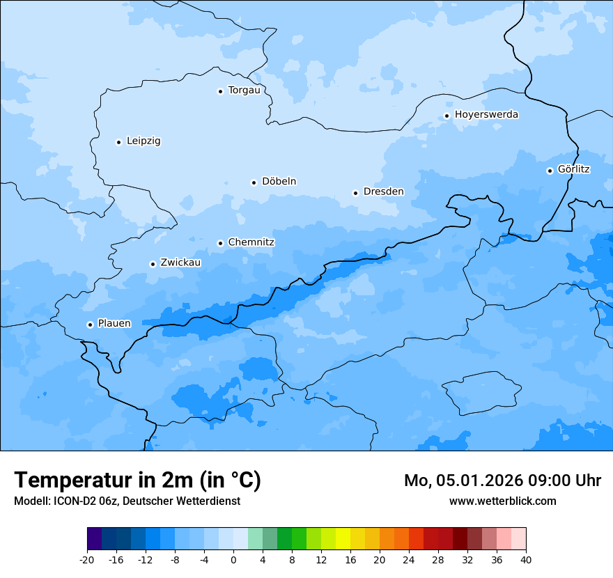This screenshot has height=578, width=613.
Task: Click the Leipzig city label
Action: coord(143,141)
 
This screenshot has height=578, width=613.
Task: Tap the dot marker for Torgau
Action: coord(220,91)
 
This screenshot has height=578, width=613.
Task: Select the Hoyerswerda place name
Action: coord(486,115)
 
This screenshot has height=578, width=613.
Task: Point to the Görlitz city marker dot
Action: coord(550,171)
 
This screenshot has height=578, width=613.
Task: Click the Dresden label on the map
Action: coord(383,192)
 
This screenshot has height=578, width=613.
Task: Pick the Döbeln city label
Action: coord(279,182)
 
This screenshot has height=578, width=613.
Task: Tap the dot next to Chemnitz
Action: coord(220,243)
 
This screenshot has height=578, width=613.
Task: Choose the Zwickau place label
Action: coord(180,263)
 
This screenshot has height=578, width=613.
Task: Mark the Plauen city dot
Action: coord(90,325)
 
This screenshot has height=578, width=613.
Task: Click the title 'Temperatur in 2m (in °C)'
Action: coord(137,480)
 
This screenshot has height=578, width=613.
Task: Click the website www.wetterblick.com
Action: coord(502,501)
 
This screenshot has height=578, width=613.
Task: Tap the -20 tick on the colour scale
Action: coord(87,559)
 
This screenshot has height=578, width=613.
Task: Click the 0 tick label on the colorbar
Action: coord(233,559)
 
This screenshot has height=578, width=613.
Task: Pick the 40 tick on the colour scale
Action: coord(525,559)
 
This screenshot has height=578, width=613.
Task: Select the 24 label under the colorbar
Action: coord(409,559)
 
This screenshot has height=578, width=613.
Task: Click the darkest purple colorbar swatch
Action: coord(95,539)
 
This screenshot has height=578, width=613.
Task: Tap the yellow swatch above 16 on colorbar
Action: coord(343,539)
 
